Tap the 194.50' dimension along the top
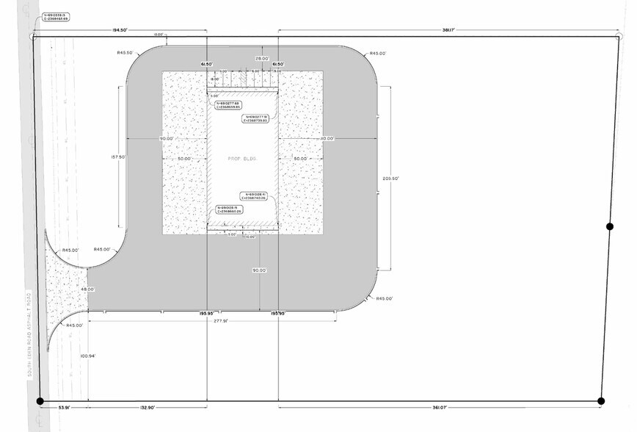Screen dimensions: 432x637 [x=121, y=29]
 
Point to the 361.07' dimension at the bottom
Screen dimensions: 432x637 [x=439, y=406]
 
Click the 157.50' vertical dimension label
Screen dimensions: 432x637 [x=115, y=156]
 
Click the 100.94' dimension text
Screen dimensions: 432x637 [x=89, y=356]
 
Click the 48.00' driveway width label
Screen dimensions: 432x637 [x=89, y=289]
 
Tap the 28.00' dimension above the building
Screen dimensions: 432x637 [x=261, y=58]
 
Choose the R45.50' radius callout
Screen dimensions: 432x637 [x=124, y=53]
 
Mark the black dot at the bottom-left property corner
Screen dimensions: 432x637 [x=40, y=400]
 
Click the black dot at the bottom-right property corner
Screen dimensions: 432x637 [x=601, y=400]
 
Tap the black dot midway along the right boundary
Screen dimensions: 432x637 [x=609, y=226]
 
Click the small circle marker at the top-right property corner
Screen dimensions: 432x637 [x=616, y=37]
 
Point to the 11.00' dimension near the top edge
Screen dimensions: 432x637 [x=158, y=35]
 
